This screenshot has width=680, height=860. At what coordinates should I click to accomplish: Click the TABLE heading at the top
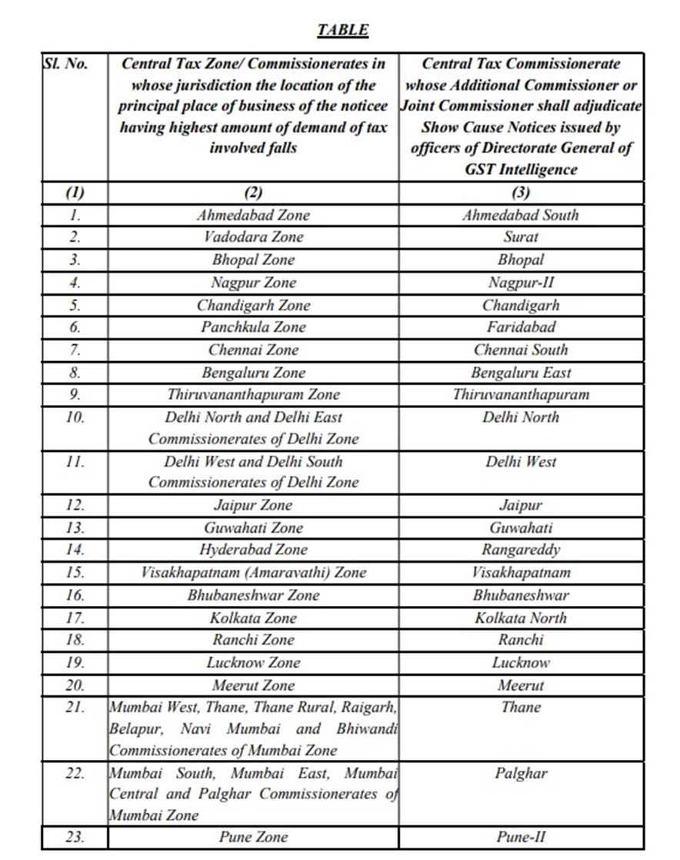pos(342,31)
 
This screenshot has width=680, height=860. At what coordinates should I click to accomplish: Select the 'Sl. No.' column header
pos(66,64)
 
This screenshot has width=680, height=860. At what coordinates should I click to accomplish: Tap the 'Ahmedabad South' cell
pos(521,215)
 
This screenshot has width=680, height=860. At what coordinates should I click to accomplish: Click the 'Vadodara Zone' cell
pos(253,237)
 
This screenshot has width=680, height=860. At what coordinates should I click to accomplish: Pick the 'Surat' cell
pos(521,237)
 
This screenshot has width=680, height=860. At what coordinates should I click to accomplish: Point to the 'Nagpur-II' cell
pos(521,283)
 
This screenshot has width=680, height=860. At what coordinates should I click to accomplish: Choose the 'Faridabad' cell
pos(521,327)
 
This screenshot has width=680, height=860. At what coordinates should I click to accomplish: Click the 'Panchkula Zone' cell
pos(253,327)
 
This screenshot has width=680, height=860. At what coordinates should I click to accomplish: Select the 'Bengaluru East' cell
pos(521,373)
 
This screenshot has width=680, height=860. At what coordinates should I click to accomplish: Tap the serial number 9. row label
pos(75,395)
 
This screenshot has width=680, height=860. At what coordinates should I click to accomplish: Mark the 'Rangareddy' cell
pos(521,550)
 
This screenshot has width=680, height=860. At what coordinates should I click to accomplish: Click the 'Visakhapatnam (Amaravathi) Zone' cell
pos(253,572)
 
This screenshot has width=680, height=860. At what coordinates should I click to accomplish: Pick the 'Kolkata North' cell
pos(521,617)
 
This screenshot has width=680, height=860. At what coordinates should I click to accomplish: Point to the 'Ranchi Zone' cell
pos(253,640)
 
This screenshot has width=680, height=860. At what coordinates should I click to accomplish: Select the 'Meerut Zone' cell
pos(253,685)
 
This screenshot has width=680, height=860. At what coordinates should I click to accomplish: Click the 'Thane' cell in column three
pos(521,707)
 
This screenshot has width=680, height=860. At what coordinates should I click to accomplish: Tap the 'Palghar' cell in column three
pos(521,773)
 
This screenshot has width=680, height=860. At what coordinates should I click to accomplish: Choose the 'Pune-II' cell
pos(521,837)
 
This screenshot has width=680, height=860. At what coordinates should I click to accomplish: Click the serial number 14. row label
pos(75,550)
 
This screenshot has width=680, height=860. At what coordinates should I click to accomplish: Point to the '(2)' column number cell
pos(253,192)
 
